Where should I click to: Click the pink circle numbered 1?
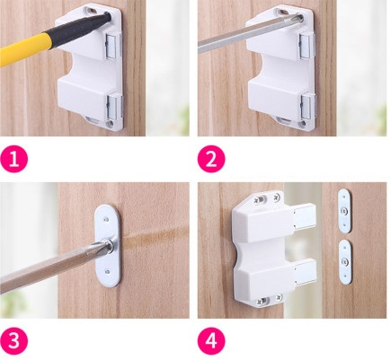(x=13, y=159)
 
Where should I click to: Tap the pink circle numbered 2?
(x=211, y=159)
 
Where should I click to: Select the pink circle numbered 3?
(x=13, y=341)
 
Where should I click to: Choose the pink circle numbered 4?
(x=211, y=341)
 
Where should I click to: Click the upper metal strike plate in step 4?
(x=344, y=211)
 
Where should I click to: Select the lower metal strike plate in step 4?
(x=345, y=262)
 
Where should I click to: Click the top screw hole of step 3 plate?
(x=106, y=219)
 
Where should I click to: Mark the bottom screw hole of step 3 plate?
(x=107, y=272)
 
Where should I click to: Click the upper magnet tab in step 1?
(x=113, y=45)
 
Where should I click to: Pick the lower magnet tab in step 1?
(x=114, y=106)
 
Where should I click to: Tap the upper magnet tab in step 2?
(x=307, y=45)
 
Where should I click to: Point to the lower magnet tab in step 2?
(x=308, y=106)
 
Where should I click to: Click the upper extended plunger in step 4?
(x=304, y=216)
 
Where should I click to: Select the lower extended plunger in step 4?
(x=305, y=272)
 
